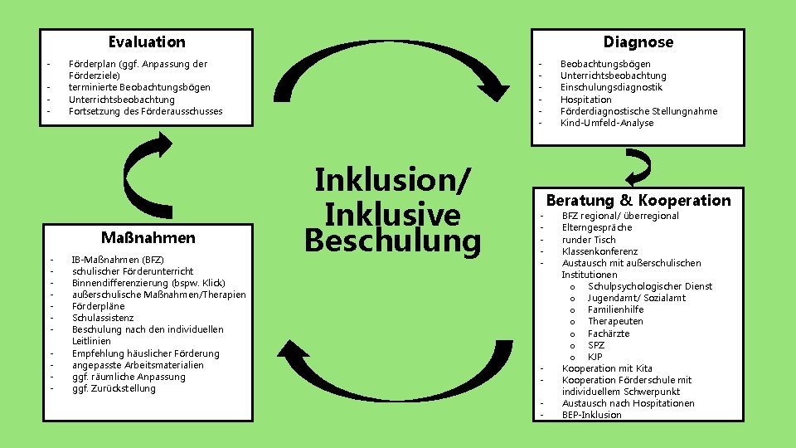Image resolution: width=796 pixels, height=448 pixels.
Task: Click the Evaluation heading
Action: (x=147, y=41)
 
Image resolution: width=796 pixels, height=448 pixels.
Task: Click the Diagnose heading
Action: (x=638, y=41)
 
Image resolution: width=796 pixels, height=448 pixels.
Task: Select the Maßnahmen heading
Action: (x=148, y=238)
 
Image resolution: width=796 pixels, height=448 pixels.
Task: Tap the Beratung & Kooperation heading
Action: (x=638, y=200)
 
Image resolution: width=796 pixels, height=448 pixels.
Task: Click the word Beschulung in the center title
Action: (x=392, y=241)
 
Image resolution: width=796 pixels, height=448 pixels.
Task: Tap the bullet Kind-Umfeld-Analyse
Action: (x=606, y=123)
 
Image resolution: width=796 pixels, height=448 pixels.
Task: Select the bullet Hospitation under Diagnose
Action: (x=585, y=100)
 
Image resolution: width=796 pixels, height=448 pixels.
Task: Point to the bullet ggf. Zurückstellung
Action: (x=114, y=388)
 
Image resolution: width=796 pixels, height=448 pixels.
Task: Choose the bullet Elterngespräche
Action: (x=596, y=227)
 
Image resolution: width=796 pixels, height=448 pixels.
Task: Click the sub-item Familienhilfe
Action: (x=615, y=309)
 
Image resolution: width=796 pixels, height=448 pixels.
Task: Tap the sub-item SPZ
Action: (x=596, y=345)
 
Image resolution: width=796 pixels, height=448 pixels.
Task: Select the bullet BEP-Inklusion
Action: (x=591, y=415)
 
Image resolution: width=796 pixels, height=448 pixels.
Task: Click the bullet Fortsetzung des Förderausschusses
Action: (x=145, y=111)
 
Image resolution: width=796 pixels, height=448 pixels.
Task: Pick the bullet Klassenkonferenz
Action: (x=599, y=251)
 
